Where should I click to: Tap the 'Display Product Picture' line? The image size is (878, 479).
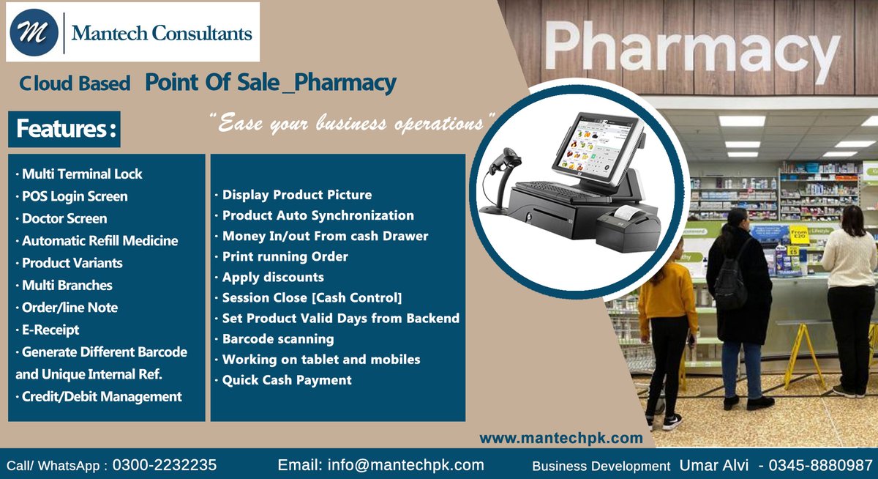296,195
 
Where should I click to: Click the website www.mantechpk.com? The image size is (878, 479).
560,438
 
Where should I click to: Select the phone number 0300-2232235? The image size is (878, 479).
164,465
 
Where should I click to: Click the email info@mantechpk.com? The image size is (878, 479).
380,465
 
